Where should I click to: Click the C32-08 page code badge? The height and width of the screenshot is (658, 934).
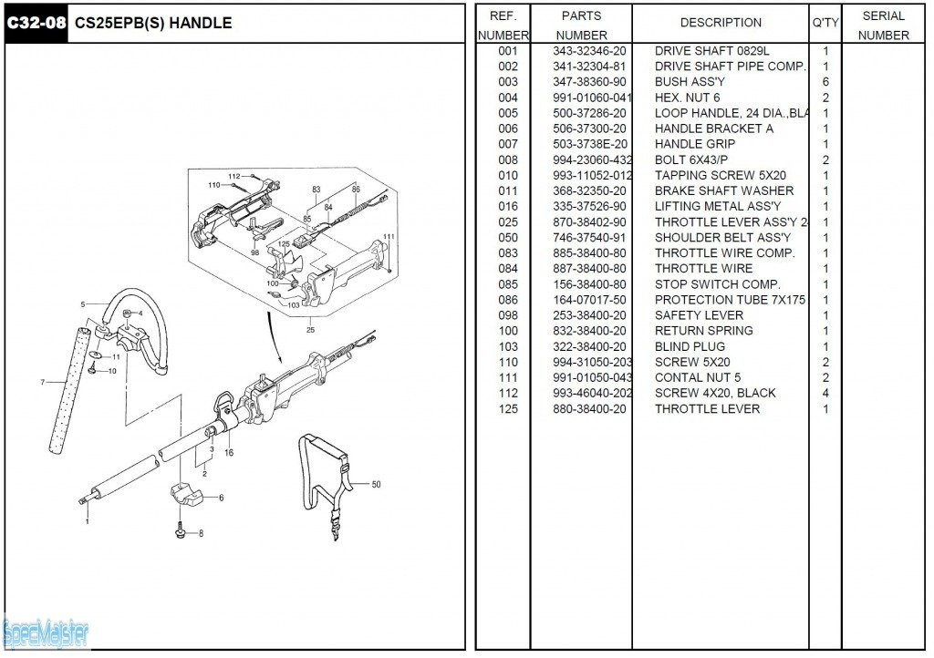(x=36, y=23)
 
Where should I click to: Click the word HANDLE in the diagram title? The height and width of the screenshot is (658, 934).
(x=201, y=23)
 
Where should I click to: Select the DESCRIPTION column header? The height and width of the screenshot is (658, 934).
(x=721, y=23)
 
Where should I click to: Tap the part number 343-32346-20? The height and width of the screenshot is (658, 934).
(x=589, y=51)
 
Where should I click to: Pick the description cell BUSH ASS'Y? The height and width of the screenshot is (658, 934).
(x=690, y=82)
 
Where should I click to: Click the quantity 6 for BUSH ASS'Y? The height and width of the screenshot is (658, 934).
(x=825, y=82)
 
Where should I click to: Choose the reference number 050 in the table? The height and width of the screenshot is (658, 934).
(x=508, y=238)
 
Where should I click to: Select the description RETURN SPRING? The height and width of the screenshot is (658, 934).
(x=703, y=331)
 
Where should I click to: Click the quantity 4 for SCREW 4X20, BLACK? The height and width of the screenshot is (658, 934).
(x=825, y=393)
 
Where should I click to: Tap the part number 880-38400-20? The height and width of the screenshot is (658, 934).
(x=589, y=408)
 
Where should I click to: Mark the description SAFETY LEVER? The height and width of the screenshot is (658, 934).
(x=699, y=315)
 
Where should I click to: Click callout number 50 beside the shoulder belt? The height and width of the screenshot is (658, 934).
(x=376, y=484)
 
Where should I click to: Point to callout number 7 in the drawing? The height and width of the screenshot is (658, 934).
(x=42, y=383)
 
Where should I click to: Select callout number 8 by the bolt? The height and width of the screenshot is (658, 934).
(x=201, y=533)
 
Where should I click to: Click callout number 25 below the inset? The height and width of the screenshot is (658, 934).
(x=310, y=329)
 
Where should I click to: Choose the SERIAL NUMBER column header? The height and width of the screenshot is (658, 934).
(x=883, y=26)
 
